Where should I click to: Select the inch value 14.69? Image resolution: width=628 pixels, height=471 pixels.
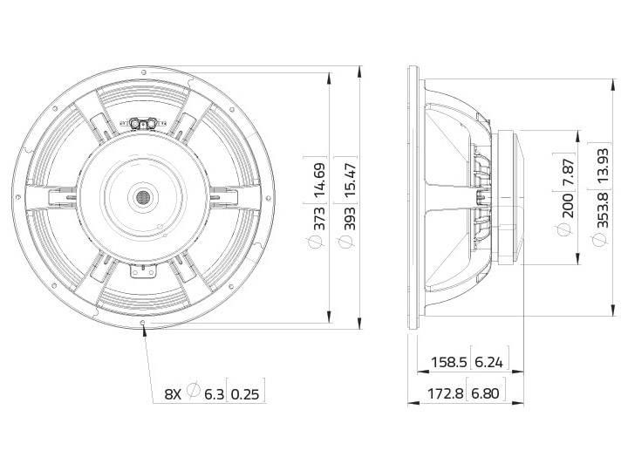318,178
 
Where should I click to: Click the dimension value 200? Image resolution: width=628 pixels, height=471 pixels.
567,207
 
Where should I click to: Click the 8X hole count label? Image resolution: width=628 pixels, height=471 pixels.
174,393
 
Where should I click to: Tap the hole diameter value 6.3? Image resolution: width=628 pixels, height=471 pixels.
215,393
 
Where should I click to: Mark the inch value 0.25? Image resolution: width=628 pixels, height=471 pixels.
248,393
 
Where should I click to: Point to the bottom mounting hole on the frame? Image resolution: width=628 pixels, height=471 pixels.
142,323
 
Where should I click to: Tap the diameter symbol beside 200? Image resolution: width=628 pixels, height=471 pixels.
567,230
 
